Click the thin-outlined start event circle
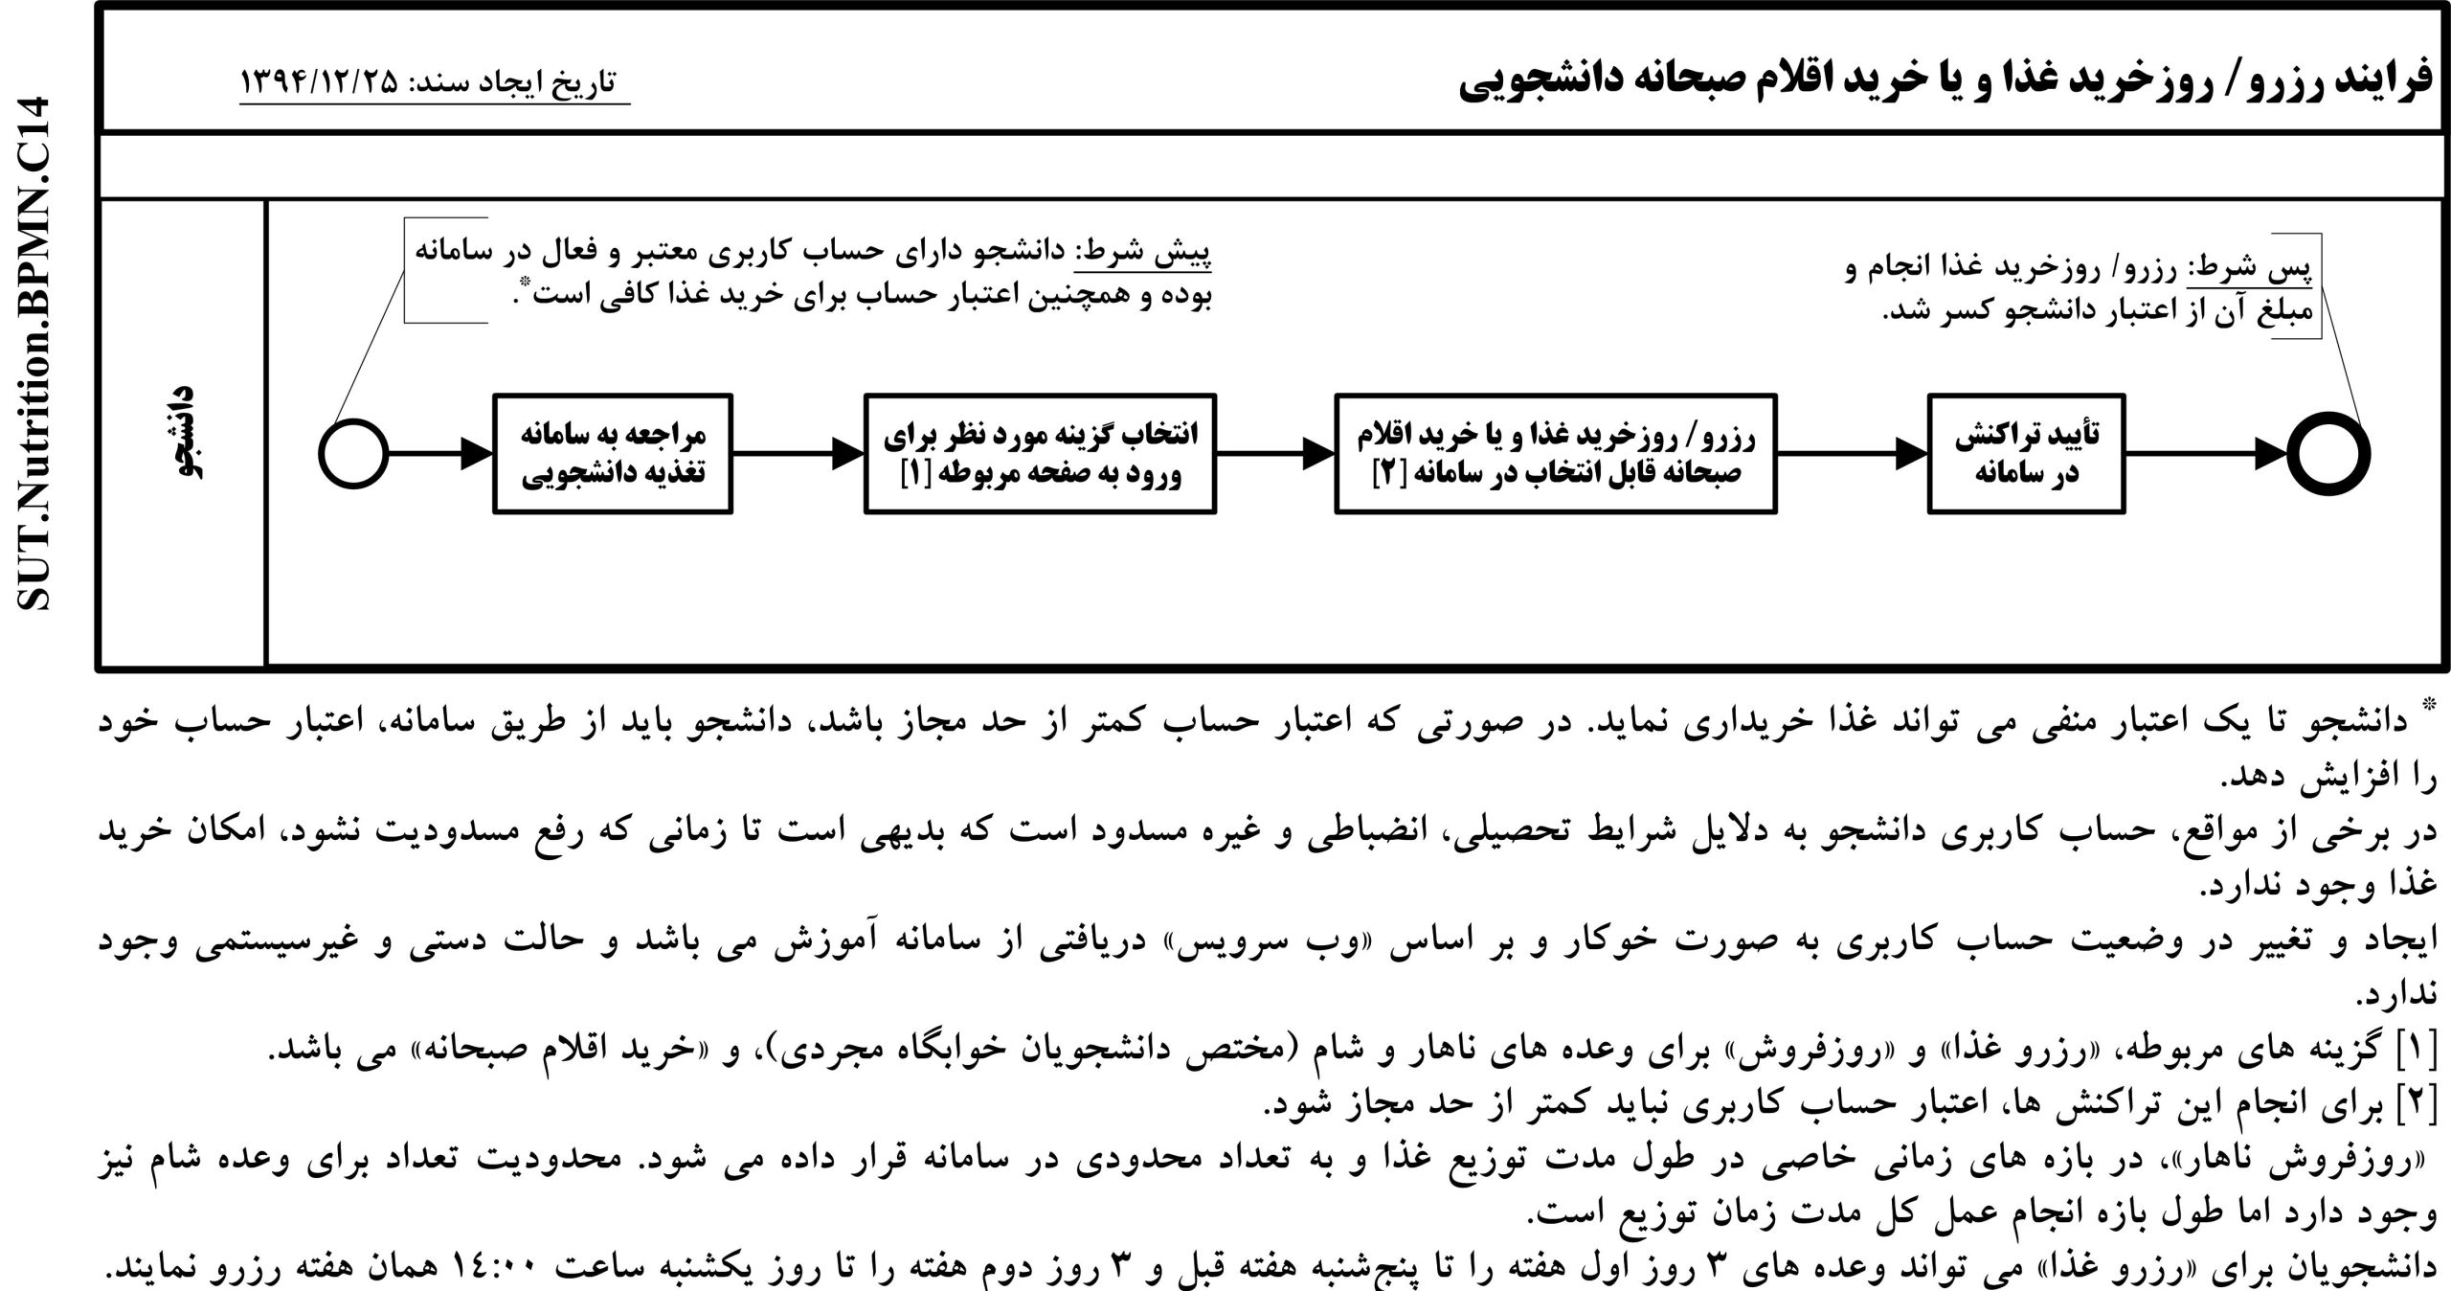(353, 453)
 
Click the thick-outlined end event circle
(2328, 453)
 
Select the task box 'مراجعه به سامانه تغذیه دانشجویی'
(613, 454)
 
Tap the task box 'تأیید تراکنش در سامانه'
(2026, 454)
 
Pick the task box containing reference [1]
(1040, 454)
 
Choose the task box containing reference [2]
(1556, 454)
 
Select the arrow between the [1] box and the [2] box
(1275, 454)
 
